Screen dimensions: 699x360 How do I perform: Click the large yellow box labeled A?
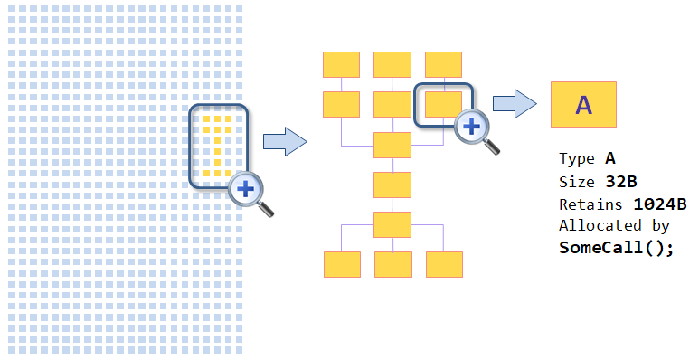coord(583,105)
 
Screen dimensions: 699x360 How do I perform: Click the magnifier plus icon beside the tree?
coord(471,127)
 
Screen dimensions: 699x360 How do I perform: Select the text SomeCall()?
coord(616,247)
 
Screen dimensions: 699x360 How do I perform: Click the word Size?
coord(577,182)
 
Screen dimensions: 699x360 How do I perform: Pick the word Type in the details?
coord(577,160)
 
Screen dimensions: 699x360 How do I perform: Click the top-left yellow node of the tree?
coord(342,65)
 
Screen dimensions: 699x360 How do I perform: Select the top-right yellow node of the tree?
coord(444,65)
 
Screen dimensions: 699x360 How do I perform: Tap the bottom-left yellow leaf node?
coord(342,264)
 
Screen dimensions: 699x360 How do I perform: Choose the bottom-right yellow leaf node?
coord(444,264)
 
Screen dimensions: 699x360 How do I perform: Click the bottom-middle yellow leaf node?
coord(392,264)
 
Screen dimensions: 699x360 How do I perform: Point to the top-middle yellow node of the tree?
coord(392,65)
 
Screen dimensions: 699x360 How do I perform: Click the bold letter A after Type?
coord(610,160)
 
